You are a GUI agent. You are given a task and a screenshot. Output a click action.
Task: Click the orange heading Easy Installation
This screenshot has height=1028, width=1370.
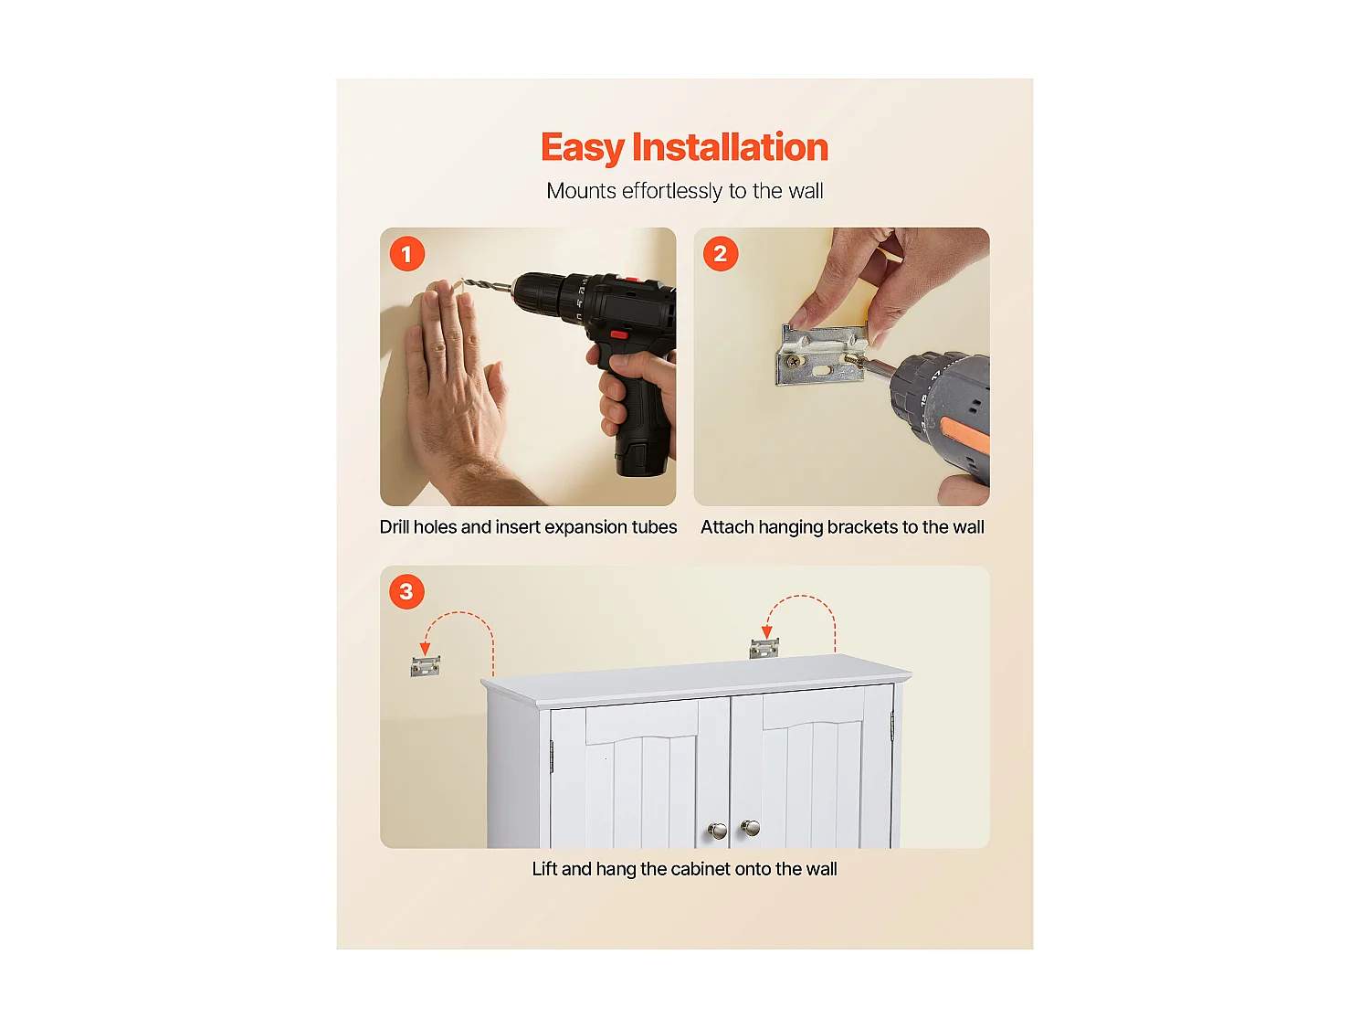[684, 148]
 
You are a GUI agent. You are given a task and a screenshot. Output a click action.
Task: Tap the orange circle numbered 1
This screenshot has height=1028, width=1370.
[407, 254]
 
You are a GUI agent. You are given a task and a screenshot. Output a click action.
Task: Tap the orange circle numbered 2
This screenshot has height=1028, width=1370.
[721, 254]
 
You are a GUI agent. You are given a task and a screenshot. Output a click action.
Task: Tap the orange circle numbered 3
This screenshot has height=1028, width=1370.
[406, 591]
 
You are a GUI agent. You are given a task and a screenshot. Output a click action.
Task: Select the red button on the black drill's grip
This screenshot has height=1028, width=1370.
[619, 335]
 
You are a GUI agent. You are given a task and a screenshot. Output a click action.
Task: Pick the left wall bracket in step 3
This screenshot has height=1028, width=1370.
[425, 667]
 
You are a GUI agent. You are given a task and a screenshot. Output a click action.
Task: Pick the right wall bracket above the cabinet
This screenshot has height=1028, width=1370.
[764, 649]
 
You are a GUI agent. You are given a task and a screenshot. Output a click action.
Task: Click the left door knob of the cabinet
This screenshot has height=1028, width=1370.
[718, 831]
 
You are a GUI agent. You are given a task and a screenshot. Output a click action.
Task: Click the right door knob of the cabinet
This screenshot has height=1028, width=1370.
[750, 828]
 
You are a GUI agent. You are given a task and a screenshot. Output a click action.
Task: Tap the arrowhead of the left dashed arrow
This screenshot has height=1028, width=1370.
[425, 649]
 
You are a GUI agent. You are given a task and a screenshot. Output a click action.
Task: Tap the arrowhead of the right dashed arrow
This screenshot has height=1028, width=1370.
[766, 632]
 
